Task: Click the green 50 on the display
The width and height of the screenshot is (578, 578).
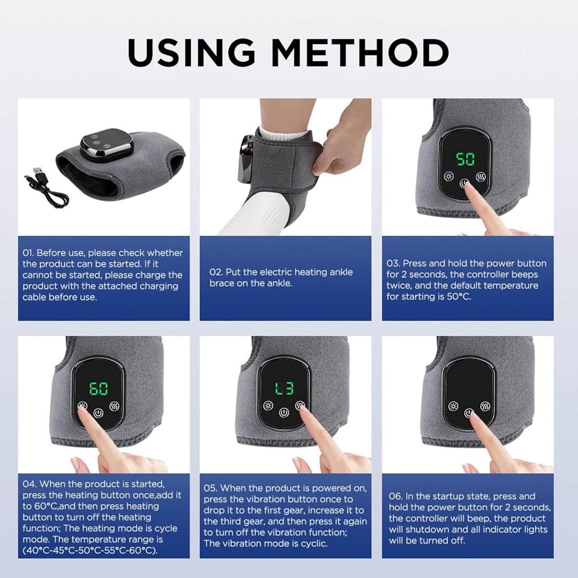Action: [465, 159]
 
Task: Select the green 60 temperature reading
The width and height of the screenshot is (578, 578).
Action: [98, 388]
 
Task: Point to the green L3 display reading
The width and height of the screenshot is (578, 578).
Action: [284, 388]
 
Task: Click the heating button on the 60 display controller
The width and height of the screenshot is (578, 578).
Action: [82, 406]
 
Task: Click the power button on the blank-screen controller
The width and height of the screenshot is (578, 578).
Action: [469, 413]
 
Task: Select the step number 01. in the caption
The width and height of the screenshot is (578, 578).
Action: [28, 253]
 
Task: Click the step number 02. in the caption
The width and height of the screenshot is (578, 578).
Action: [216, 272]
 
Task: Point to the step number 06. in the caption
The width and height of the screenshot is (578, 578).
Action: [396, 496]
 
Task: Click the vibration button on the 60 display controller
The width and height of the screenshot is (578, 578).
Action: [114, 406]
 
